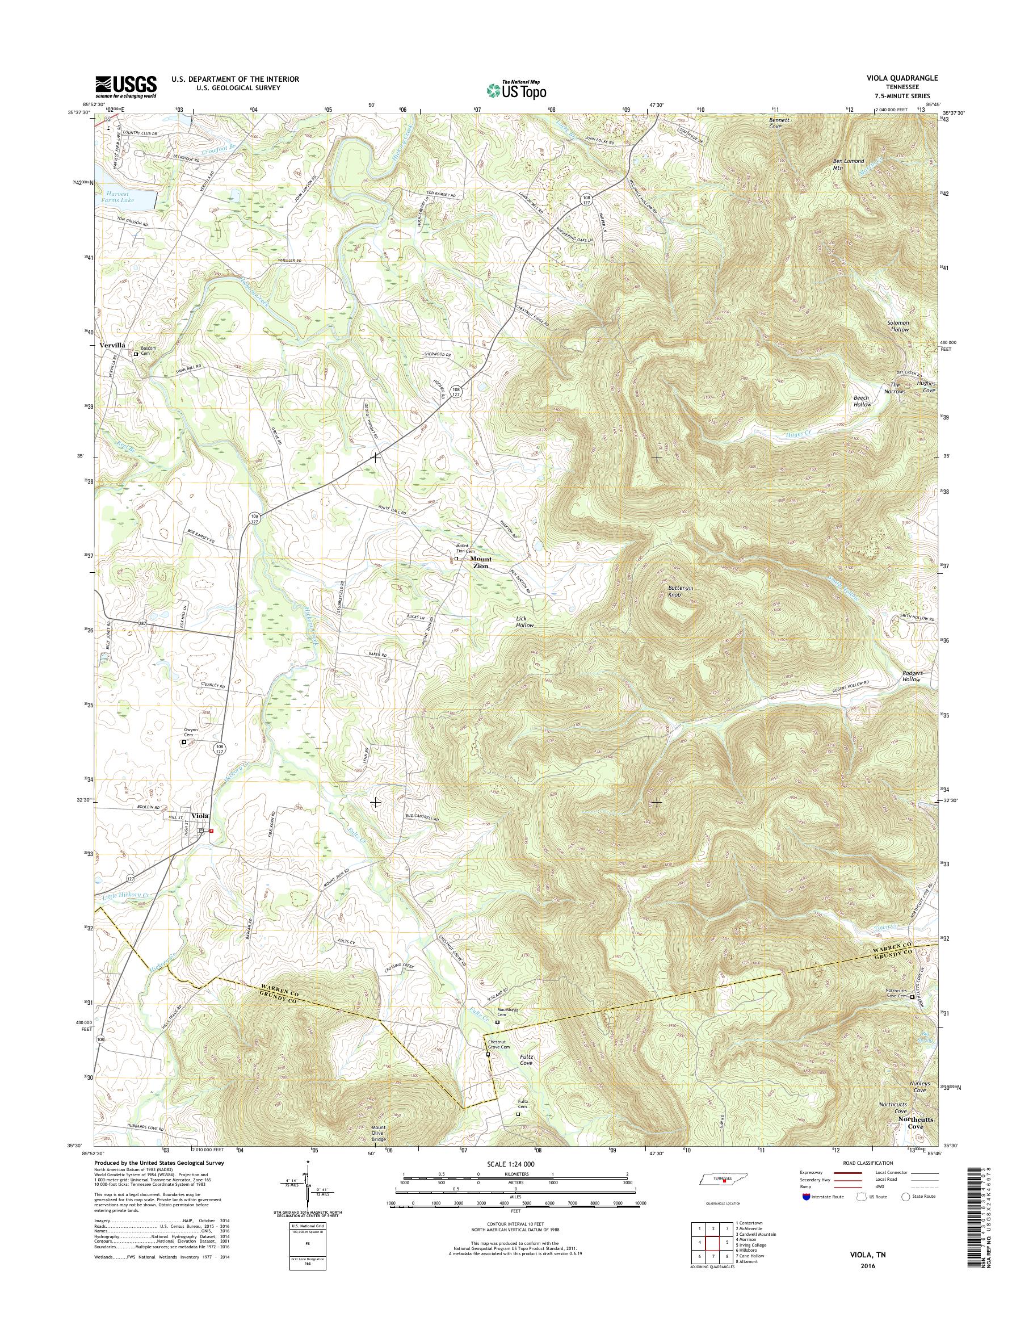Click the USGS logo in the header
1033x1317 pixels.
coord(125,86)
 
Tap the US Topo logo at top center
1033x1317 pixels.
coord(516,90)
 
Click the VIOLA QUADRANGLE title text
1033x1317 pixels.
coord(905,78)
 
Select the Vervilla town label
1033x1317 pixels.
coord(112,344)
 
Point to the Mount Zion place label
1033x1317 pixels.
coord(481,563)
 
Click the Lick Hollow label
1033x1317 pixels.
coord(524,623)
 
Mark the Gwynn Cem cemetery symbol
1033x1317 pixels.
coord(184,743)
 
